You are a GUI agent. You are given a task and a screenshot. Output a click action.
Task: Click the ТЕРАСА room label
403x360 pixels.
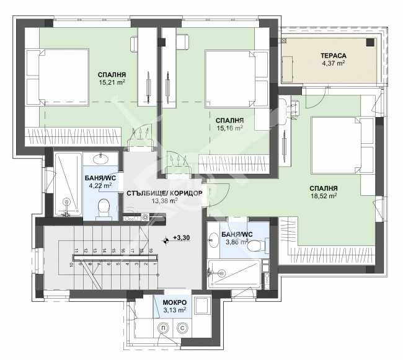click(334, 56)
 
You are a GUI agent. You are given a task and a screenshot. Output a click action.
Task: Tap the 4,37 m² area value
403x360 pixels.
click(334, 63)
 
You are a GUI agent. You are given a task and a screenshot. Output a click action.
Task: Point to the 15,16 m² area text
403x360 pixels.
click(229, 128)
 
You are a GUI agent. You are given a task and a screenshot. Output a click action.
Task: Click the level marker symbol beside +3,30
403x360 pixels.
click(166, 240)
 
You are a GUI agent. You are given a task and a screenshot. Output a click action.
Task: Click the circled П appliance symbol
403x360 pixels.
click(162, 328)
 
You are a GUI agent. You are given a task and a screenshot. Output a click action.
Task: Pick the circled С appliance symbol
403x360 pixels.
click(183, 328)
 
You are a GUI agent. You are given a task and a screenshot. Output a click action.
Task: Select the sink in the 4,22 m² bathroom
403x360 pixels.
click(104, 157)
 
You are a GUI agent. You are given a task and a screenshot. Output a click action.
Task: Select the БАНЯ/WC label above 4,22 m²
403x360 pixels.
click(99, 177)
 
